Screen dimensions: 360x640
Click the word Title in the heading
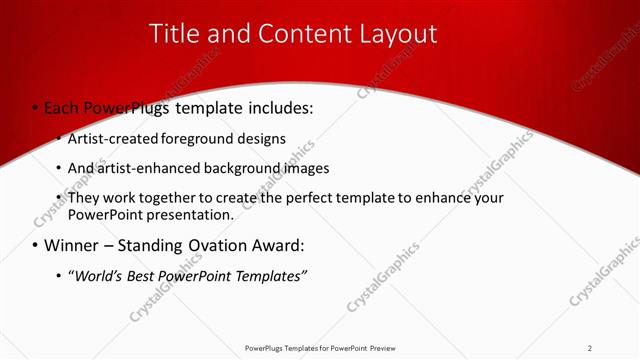tap(174, 34)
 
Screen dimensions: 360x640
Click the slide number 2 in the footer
tap(590, 348)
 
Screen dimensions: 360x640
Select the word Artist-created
tap(111, 138)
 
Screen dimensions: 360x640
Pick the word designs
tap(263, 138)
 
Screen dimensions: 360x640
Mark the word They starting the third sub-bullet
tap(84, 198)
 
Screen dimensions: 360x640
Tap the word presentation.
tap(185, 214)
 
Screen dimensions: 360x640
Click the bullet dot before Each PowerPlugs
tap(35, 106)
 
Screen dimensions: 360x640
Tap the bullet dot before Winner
tap(35, 245)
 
